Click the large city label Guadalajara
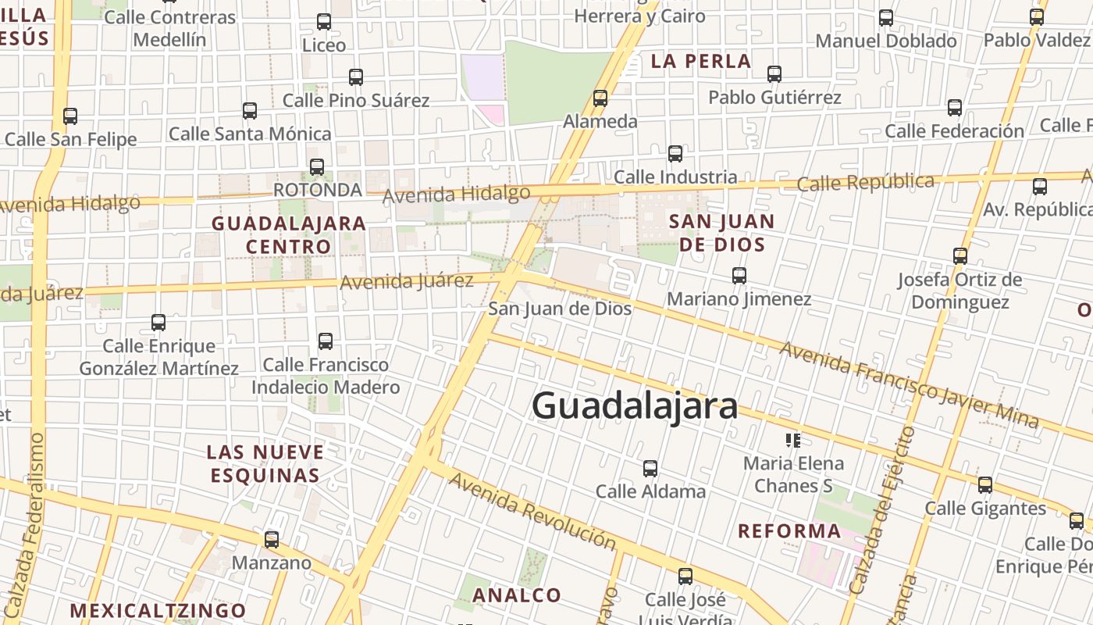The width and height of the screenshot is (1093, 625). [634, 405]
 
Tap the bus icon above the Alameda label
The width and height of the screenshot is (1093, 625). [600, 98]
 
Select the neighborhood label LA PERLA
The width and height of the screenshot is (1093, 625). [700, 61]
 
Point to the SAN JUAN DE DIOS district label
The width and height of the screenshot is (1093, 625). [721, 233]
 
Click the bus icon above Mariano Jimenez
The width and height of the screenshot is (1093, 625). [739, 275]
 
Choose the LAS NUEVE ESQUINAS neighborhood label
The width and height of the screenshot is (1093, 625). [265, 463]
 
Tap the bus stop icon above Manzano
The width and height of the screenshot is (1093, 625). [272, 539]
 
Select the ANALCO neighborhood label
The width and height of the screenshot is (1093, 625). [517, 595]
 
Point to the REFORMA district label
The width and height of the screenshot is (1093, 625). [790, 531]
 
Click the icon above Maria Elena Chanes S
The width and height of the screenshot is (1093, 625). [793, 441]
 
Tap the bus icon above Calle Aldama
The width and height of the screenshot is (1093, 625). [650, 469]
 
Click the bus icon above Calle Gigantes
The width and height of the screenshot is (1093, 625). [985, 485]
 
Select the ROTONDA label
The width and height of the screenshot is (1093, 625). [318, 190]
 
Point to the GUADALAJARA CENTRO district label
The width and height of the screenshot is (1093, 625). [289, 234]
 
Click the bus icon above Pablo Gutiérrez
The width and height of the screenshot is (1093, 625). [774, 74]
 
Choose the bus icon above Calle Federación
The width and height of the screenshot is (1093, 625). [954, 108]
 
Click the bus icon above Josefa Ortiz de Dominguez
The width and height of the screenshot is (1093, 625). [960, 255]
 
